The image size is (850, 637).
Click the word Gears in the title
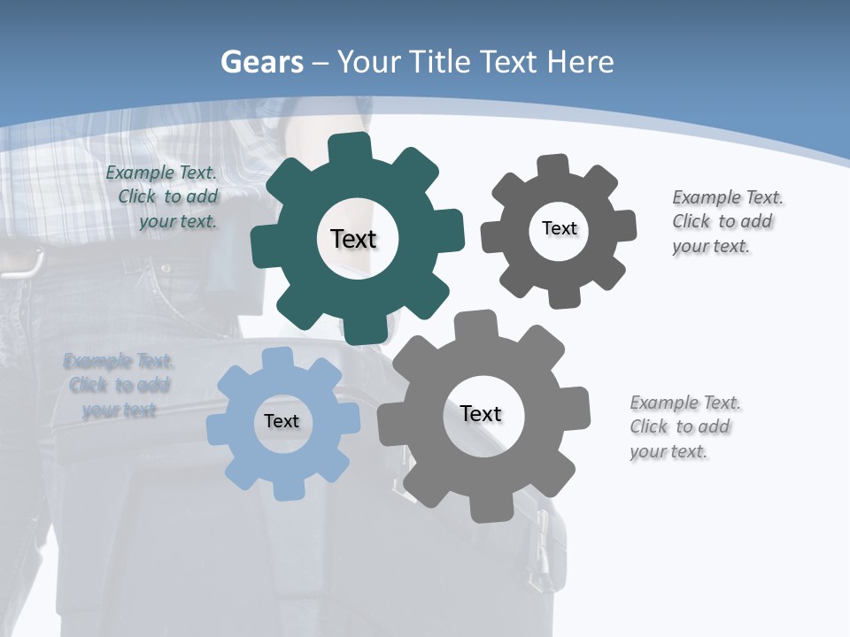(x=261, y=63)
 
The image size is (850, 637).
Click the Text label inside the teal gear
(x=353, y=239)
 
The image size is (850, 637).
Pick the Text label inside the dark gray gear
(x=559, y=228)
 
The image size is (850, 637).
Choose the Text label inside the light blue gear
(x=282, y=421)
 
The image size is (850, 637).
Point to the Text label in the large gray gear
(x=481, y=413)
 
